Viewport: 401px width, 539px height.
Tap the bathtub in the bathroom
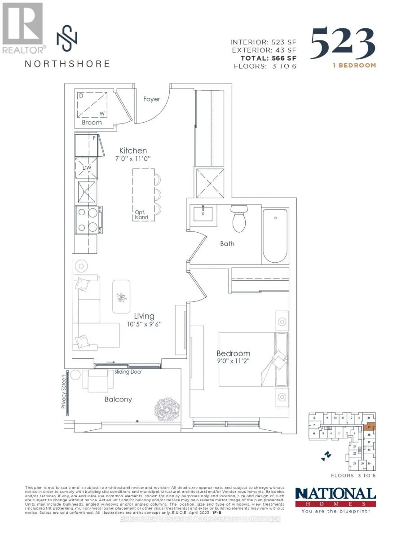275,235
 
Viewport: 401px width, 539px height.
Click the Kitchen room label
133,150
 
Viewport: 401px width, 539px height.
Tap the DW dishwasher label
86,168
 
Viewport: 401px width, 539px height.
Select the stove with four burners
87,220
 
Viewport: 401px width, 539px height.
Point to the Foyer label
151,99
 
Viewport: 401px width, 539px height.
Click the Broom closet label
92,122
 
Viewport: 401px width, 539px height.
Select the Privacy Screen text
64,392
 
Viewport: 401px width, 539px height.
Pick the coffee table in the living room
121,296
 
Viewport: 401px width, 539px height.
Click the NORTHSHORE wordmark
67,63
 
